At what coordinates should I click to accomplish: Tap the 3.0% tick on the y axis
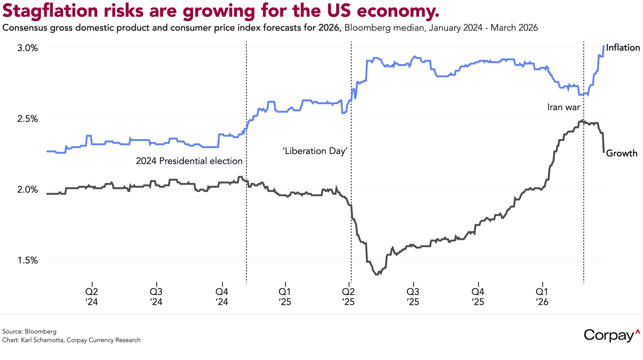(27, 48)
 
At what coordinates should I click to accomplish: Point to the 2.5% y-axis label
(27, 119)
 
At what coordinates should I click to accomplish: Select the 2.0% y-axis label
(27, 190)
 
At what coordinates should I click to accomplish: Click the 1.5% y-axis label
(27, 260)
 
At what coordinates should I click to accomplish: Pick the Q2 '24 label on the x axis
(92, 296)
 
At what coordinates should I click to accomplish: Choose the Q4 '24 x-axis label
(222, 296)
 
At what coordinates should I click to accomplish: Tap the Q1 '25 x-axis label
(285, 296)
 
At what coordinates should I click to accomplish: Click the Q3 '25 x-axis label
(413, 296)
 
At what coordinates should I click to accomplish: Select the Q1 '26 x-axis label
(542, 296)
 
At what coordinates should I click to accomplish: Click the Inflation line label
(623, 48)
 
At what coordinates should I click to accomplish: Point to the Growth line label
(621, 153)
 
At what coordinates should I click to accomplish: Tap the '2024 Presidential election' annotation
(189, 161)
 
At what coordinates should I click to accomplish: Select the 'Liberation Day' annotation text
(315, 151)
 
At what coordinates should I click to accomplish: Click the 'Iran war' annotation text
(563, 107)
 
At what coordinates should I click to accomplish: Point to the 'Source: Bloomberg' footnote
(30, 331)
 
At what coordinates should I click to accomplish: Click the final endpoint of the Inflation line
(604, 46)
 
